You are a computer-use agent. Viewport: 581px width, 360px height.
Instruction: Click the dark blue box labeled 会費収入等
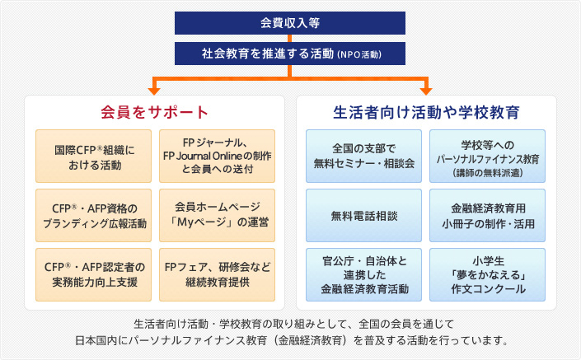[x=289, y=22]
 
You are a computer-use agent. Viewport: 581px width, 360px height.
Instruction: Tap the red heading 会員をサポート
[x=154, y=111]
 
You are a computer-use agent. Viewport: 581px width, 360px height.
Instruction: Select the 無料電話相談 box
[x=363, y=216]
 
